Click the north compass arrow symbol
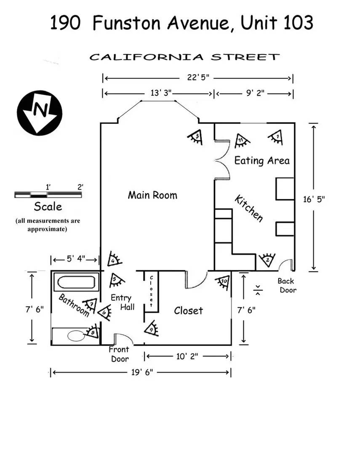[x=40, y=113]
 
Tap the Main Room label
[x=152, y=195]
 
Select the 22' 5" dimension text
[x=198, y=78]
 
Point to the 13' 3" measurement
[x=161, y=93]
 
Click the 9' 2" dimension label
[x=255, y=93]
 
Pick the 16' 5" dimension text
[x=314, y=199]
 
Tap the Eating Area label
[x=262, y=161]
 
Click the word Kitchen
[x=249, y=208]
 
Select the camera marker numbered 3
[x=195, y=137]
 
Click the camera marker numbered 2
[x=267, y=260]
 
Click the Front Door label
[x=119, y=354]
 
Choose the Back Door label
[x=287, y=285]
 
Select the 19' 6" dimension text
[x=142, y=372]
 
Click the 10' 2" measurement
[x=187, y=356]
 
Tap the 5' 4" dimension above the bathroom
[x=76, y=259]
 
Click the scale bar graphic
[x=48, y=194]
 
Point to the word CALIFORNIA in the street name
[x=147, y=57]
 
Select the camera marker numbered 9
[x=152, y=329]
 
